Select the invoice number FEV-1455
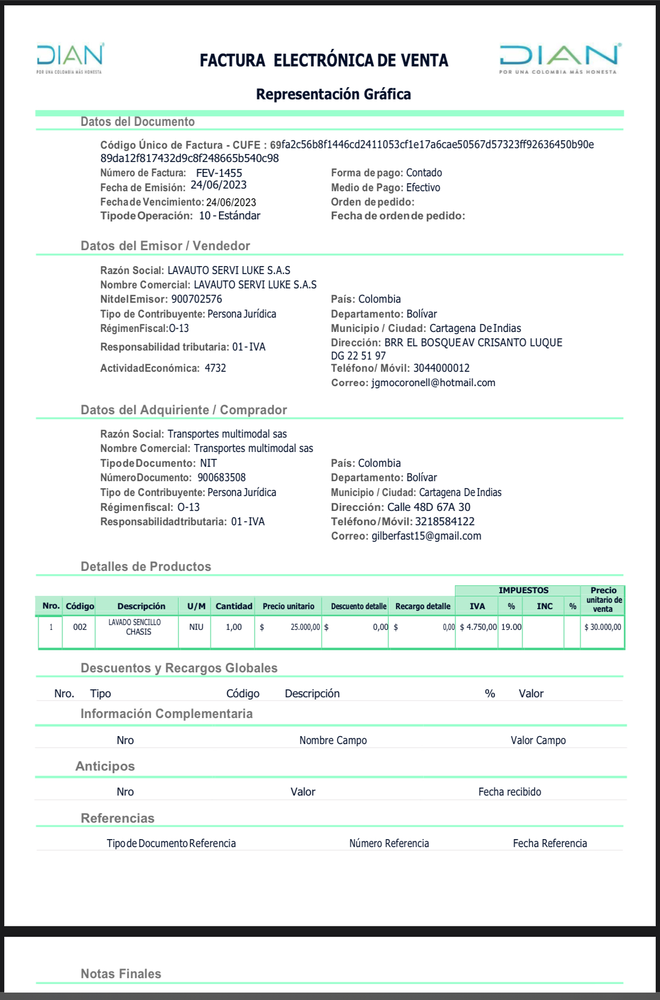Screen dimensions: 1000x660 click(219, 173)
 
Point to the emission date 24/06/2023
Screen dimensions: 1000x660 click(218, 185)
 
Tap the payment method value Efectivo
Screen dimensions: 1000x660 click(423, 187)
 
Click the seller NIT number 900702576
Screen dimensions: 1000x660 click(197, 299)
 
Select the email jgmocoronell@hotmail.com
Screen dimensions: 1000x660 click(433, 383)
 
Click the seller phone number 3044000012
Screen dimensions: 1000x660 click(441, 368)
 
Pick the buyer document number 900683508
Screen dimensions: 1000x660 click(222, 477)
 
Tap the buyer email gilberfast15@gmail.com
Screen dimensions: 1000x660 click(426, 536)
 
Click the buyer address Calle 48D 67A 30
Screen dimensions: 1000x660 click(428, 507)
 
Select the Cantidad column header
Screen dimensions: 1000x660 click(234, 606)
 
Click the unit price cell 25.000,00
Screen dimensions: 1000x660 click(305, 627)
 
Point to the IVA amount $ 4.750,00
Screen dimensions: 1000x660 click(478, 627)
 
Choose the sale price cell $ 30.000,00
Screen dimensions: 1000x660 click(603, 627)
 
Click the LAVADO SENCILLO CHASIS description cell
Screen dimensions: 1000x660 click(135, 627)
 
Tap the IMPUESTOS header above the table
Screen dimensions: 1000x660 click(523, 591)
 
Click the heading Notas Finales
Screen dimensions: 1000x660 click(121, 973)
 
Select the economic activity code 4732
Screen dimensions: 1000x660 click(215, 368)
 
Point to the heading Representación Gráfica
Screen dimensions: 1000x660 click(333, 95)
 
